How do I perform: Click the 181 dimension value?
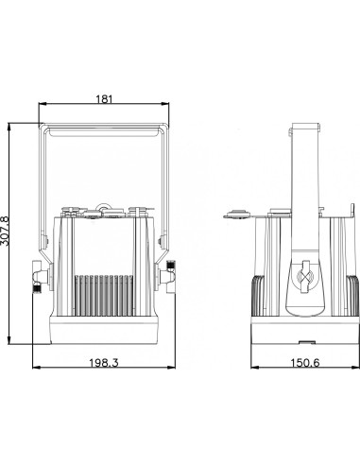coord(104,99)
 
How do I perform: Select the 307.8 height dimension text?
coord(5,231)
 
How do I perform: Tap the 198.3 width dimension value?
coord(104,363)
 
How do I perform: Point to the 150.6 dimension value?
coord(304,363)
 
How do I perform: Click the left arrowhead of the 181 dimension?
coord(43,104)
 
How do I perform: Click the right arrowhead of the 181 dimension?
coord(165,104)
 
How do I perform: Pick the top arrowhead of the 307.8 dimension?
coord(9,127)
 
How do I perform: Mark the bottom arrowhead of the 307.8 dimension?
coord(9,339)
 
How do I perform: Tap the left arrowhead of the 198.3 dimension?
coord(37,368)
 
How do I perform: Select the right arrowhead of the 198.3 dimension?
coord(171,368)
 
